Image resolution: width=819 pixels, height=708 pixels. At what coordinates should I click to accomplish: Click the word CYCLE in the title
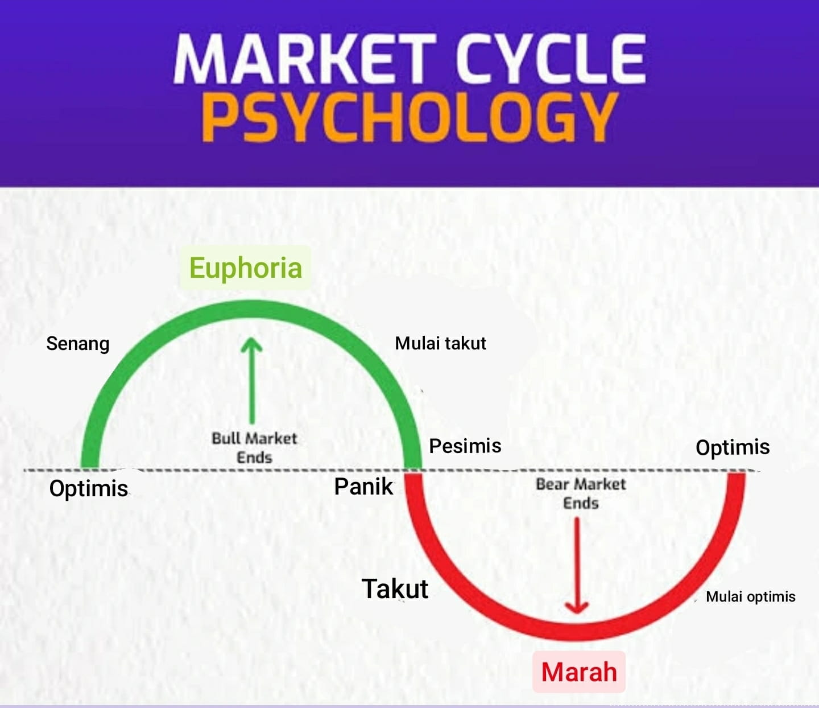[x=550, y=58]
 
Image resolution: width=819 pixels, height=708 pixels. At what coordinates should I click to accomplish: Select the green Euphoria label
[x=245, y=267]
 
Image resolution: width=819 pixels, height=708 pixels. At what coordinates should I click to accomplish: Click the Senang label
[x=77, y=344]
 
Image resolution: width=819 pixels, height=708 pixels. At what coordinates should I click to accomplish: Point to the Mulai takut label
[x=440, y=343]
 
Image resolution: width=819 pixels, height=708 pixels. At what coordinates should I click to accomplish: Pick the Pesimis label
[x=465, y=446]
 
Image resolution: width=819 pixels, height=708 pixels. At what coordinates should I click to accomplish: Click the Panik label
[x=363, y=487]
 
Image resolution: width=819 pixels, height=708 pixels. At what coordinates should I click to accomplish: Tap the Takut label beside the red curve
[x=395, y=588]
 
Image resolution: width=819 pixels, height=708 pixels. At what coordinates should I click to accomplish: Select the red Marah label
[x=578, y=672]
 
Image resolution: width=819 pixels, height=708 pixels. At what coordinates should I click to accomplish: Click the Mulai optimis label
[x=750, y=596]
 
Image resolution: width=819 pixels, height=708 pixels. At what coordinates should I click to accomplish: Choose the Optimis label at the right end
[x=733, y=447]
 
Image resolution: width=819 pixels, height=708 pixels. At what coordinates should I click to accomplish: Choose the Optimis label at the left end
[x=89, y=488]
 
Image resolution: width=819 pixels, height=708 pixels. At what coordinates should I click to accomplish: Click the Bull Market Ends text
[x=254, y=447]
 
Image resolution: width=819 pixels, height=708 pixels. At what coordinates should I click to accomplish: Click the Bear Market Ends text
[x=580, y=493]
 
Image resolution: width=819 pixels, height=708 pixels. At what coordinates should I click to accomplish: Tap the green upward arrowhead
[x=251, y=345]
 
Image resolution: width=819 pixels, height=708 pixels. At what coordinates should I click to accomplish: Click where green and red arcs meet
[x=413, y=471]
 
